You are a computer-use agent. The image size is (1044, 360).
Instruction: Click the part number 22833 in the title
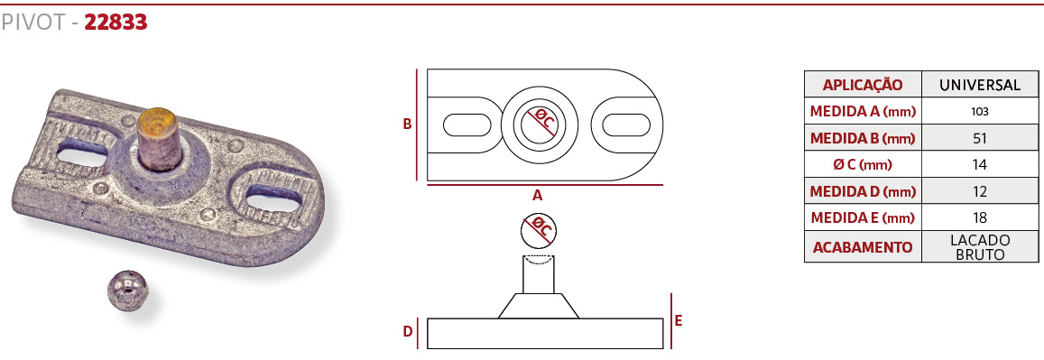pos(115,23)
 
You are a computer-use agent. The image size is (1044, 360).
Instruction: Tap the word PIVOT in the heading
pos(32,23)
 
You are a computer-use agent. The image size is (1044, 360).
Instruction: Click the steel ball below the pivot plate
pos(126,290)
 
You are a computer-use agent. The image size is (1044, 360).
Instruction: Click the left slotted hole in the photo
pos(83,155)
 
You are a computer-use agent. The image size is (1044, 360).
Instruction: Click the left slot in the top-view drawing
pos(467,125)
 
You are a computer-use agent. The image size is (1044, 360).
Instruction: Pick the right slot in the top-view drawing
pos(626,125)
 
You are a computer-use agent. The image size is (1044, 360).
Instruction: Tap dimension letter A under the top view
pos(537,196)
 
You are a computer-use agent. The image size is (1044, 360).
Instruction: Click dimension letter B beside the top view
pos(408,124)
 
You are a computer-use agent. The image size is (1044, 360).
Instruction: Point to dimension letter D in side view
pos(408,332)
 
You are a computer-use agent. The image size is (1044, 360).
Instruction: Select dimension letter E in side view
pos(679,320)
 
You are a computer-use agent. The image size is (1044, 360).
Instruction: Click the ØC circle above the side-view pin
pos(539,230)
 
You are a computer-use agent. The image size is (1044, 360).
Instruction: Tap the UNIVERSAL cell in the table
pos(980,85)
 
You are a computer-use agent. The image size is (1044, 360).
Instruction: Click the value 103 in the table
pos(980,111)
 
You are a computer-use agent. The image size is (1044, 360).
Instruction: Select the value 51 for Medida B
pos(980,138)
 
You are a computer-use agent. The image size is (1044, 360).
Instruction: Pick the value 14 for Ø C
pos(980,165)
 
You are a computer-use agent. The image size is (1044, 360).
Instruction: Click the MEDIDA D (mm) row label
pos(863,192)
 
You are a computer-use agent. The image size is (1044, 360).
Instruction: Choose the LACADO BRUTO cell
pos(980,247)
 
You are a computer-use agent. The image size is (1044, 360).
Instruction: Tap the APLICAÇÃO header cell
pos(863,85)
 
